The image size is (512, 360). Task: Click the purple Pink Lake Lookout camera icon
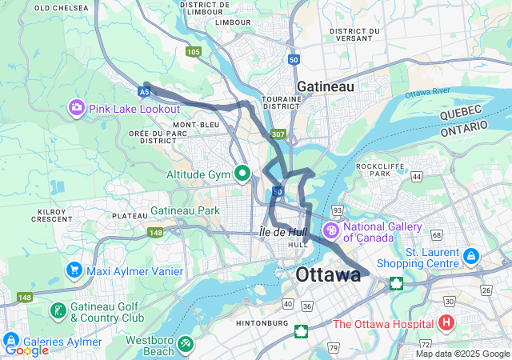pyautogui.click(x=77, y=107)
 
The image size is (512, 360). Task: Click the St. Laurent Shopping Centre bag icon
pyautogui.click(x=471, y=257)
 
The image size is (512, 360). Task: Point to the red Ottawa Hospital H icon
pyautogui.click(x=446, y=324)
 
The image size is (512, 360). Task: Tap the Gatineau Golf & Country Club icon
pyautogui.click(x=58, y=310)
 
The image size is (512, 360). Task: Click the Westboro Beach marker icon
pyautogui.click(x=186, y=343)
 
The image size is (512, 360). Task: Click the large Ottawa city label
pyautogui.click(x=328, y=275)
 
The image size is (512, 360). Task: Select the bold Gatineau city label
pyautogui.click(x=325, y=86)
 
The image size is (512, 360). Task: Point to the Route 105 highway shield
pyautogui.click(x=193, y=52)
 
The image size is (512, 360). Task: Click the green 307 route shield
pyautogui.click(x=278, y=134)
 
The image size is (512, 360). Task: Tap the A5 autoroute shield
pyautogui.click(x=144, y=92)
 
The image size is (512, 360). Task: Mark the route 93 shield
pyautogui.click(x=338, y=210)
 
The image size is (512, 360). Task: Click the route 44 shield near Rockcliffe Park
pyautogui.click(x=417, y=175)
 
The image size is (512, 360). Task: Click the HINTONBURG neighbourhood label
pyautogui.click(x=262, y=323)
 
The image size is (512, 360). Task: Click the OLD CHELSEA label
pyautogui.click(x=60, y=7)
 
